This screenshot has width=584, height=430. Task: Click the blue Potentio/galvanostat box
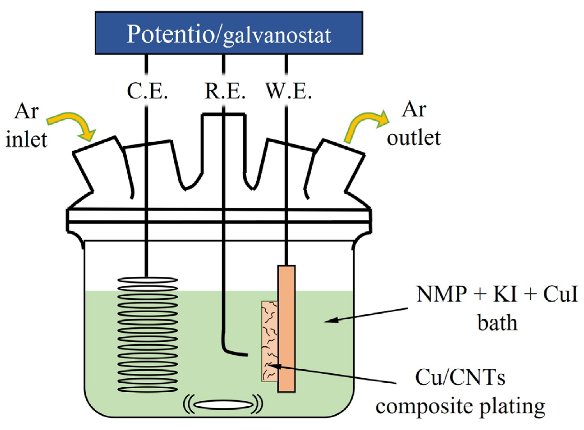pyautogui.click(x=229, y=33)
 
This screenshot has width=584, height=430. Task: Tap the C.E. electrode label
pyautogui.click(x=147, y=91)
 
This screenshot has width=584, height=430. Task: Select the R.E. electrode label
pyautogui.click(x=225, y=91)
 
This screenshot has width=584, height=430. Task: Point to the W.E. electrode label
pyautogui.click(x=288, y=91)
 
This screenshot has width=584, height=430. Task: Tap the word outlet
pyautogui.click(x=413, y=138)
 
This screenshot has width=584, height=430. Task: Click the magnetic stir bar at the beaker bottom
pyautogui.click(x=223, y=404)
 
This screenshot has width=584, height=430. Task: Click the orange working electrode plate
pyautogui.click(x=286, y=328)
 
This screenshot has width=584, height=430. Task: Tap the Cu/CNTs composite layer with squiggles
pyautogui.click(x=269, y=341)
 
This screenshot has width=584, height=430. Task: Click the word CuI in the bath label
pyautogui.click(x=560, y=294)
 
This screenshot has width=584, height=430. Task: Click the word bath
pyautogui.click(x=497, y=323)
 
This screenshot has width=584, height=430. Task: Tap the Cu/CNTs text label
pyautogui.click(x=460, y=377)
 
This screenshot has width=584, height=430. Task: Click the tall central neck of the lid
pyautogui.click(x=223, y=143)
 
